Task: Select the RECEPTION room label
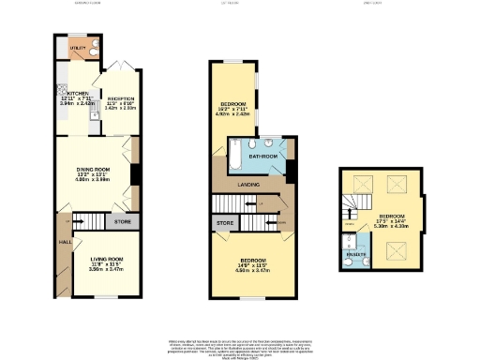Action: tap(122, 98)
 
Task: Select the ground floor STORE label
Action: tap(122, 222)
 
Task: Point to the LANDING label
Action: tap(248, 184)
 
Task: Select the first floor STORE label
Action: tap(224, 223)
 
